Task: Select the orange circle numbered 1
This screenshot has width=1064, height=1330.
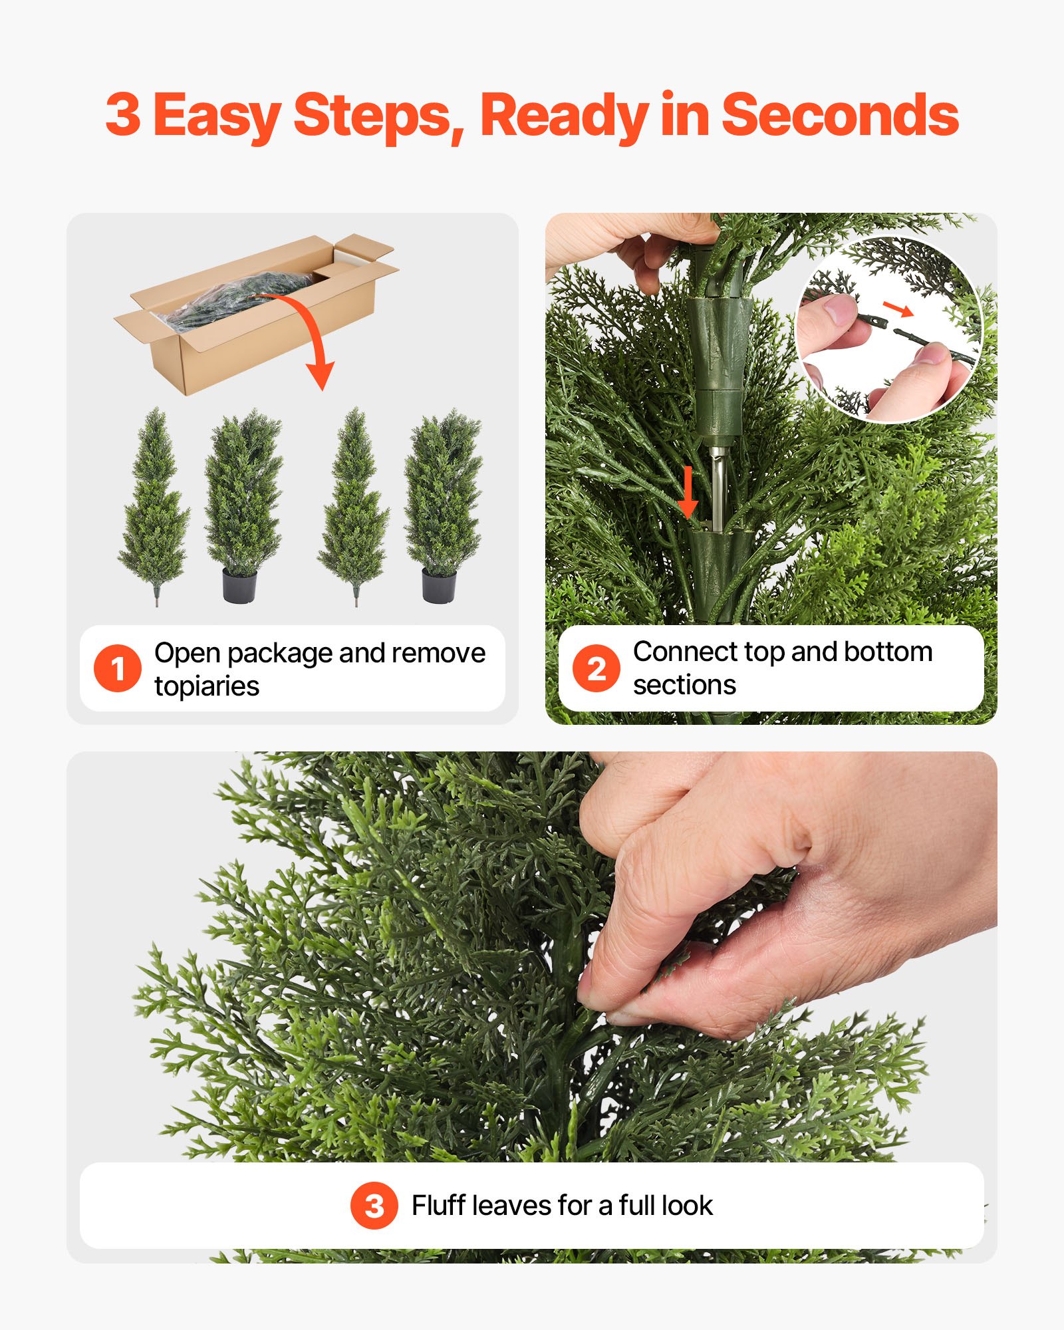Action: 118,668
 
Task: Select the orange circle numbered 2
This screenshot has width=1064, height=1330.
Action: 597,668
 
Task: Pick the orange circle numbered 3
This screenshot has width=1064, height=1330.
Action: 374,1206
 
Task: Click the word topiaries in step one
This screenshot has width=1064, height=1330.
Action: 207,686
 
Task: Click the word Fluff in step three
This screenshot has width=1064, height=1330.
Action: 438,1206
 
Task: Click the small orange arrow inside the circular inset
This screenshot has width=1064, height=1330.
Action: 897,308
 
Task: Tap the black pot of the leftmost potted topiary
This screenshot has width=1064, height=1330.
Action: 239,585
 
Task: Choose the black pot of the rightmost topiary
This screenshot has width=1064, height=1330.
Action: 439,585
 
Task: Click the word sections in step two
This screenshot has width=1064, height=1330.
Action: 684,685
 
